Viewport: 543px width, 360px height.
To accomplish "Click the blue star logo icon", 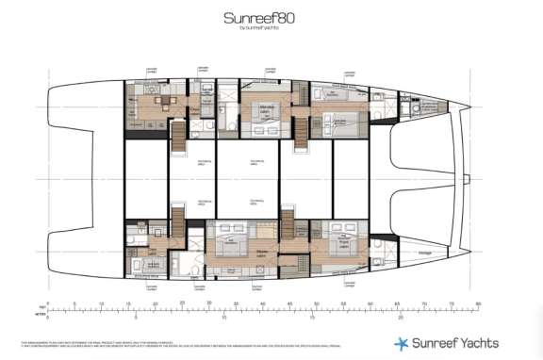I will coord(401,343).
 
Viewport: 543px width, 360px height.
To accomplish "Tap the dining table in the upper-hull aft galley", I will coord(159,101).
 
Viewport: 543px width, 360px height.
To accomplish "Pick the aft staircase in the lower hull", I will coord(178,224).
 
